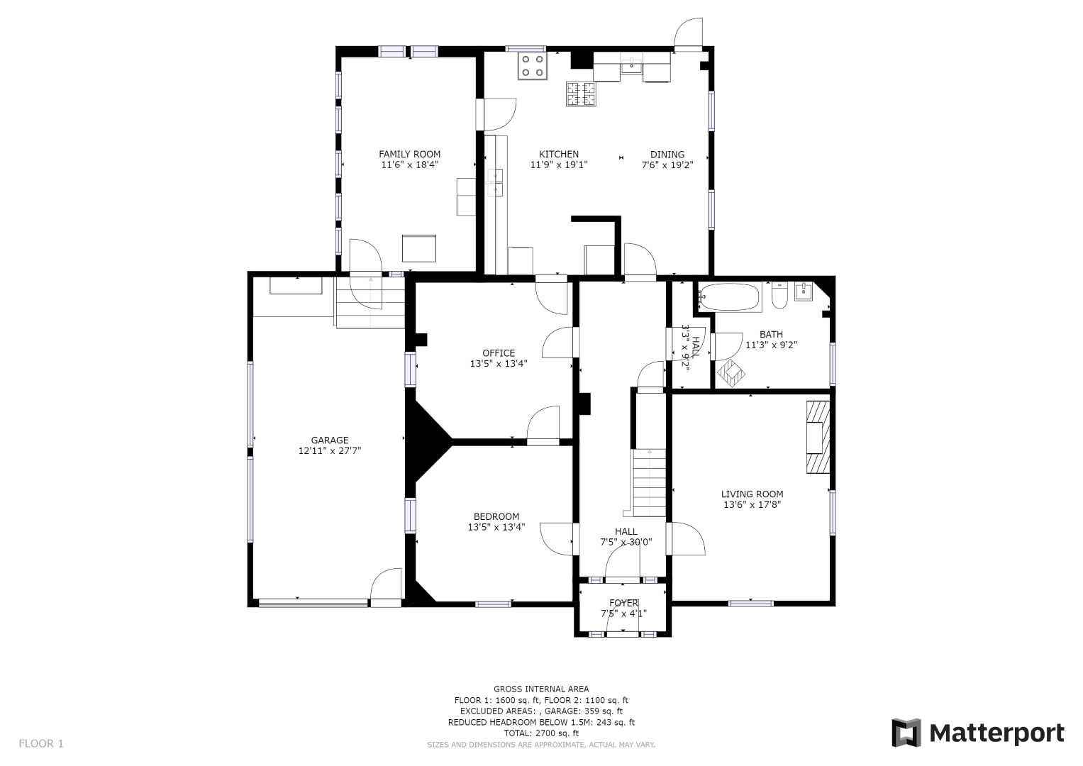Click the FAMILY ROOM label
tap(409, 155)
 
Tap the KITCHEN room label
tap(559, 155)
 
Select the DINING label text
tap(667, 155)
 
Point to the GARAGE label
tap(330, 440)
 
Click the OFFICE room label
tap(499, 353)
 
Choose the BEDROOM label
tap(496, 516)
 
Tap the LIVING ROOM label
tap(752, 494)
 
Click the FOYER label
tap(623, 603)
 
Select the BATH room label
tap(771, 334)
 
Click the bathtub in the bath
tap(730, 297)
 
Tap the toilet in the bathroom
tap(779, 296)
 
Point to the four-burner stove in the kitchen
tap(533, 66)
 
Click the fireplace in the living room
tap(818, 437)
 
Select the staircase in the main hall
tap(650, 482)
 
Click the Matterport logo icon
tap(906, 733)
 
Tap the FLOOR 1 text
tap(41, 743)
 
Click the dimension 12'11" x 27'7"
tap(330, 450)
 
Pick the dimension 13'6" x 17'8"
tap(752, 504)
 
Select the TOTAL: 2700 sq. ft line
tap(542, 733)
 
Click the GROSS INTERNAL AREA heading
tap(542, 689)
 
